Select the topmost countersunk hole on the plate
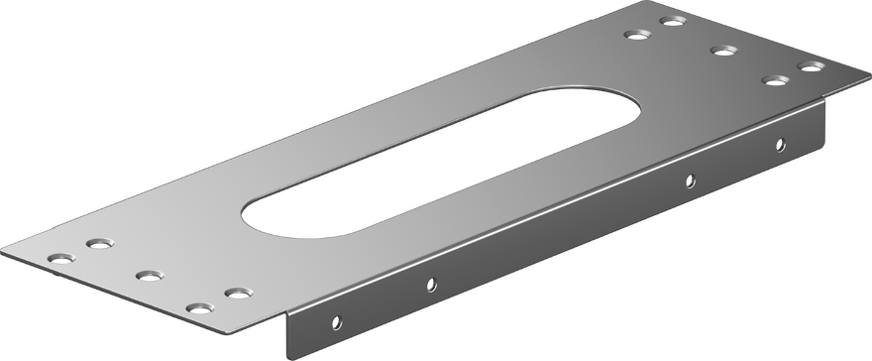tap(674, 20)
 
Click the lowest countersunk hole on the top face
tap(200, 307)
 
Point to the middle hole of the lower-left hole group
tap(148, 274)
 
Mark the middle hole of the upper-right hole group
tap(719, 50)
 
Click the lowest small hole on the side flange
tap(337, 321)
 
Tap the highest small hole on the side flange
tap(781, 143)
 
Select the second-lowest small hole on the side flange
tap(430, 285)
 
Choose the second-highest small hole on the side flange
tap(691, 180)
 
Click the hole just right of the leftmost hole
tap(96, 242)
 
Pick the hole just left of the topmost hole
tap(635, 35)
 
